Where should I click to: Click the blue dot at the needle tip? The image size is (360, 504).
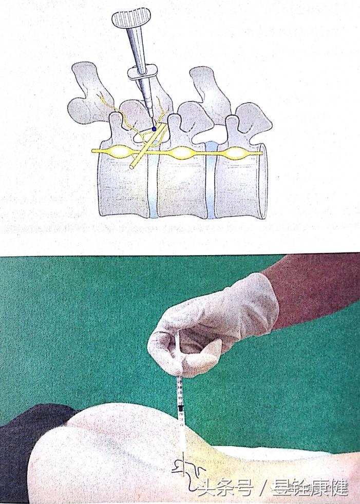point(154,129)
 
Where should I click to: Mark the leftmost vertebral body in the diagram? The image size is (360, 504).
point(123,187)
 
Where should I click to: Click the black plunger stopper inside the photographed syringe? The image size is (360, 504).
point(180,411)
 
